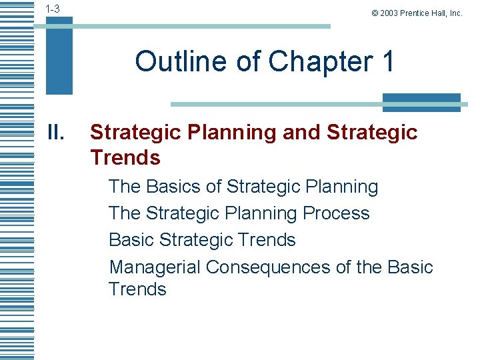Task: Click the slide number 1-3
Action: click(x=53, y=9)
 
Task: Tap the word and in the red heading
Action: click(x=301, y=133)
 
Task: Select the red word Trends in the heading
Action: click(x=125, y=158)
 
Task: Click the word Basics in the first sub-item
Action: click(x=181, y=187)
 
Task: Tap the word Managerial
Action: click(x=154, y=267)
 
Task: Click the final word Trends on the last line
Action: click(x=137, y=289)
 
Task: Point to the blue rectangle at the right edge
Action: click(x=421, y=101)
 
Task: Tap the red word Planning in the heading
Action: click(x=233, y=133)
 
